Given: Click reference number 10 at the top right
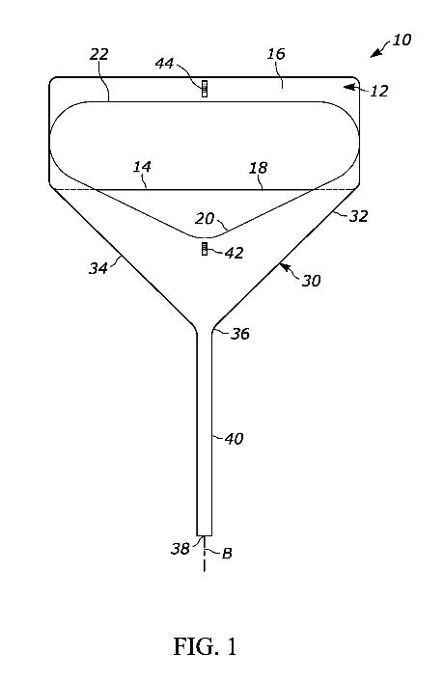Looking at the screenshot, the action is coord(402,40).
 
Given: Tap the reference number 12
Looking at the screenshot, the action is coord(378,92).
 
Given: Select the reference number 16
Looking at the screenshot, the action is coord(276,54).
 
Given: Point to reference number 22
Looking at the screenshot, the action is coord(99,54).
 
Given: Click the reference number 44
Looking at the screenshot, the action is coord(165,64).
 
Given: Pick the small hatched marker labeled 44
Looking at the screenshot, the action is coord(205,89).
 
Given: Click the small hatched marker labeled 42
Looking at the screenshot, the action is coord(205,249).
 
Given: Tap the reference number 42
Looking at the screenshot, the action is coord(234,253).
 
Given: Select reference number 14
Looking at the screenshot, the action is coord(142,167).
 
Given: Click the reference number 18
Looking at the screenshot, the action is coord(258,168).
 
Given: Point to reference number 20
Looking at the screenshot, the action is coord(205,218).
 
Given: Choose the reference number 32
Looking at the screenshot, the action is coord(358,216).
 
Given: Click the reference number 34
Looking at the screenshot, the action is coord(98,268).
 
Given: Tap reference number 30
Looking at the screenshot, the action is coord(311,281).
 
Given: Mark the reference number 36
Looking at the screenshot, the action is coord(239,334).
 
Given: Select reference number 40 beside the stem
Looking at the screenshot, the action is coord(234,439).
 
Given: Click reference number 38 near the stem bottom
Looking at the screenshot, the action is coord(180,549).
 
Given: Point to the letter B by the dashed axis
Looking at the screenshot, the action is coord(227,554).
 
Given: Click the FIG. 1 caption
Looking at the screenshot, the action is coord(206,646).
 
